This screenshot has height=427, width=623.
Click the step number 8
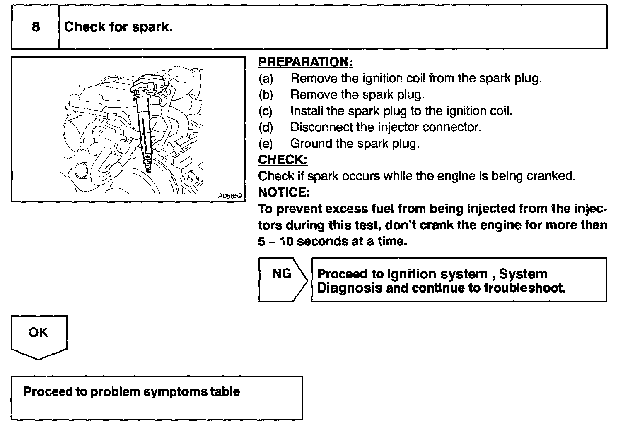click(36, 27)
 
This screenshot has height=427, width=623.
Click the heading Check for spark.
click(118, 27)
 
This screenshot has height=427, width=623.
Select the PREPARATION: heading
click(305, 62)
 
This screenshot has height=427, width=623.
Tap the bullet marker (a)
click(266, 78)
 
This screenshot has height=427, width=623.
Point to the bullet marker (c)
click(266, 111)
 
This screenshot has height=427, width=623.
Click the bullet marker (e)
click(266, 144)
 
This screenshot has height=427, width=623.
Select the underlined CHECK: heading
click(283, 160)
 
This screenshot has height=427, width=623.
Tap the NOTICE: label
click(284, 192)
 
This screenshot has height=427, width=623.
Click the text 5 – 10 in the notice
click(275, 241)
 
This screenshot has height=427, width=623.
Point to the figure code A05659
click(230, 196)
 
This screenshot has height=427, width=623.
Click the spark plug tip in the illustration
click(147, 167)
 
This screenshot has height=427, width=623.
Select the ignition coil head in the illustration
click(147, 83)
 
